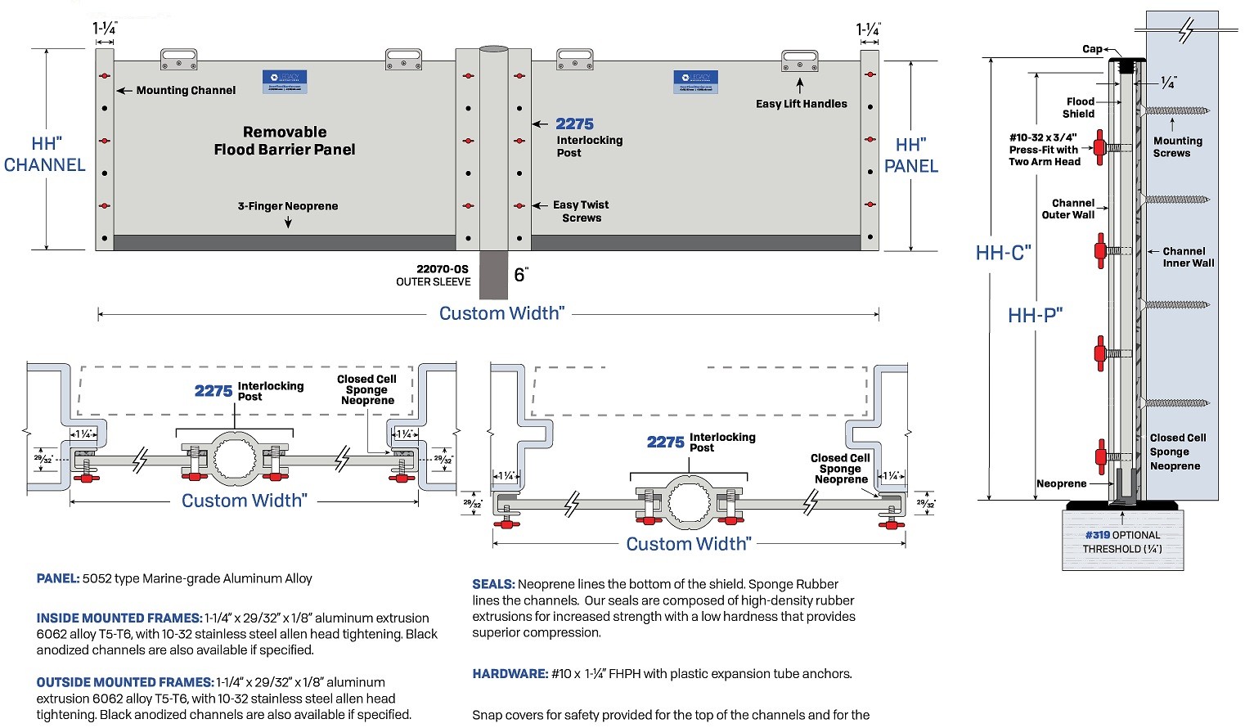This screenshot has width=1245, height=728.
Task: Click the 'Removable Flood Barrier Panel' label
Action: pos(285,141)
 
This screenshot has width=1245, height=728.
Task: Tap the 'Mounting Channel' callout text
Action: pos(186,91)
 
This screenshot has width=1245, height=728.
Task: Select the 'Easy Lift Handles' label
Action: pos(801,104)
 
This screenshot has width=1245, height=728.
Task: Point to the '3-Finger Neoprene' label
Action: pos(288,206)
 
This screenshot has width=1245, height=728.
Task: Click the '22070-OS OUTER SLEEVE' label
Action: pos(434,276)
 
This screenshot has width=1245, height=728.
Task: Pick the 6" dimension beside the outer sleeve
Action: pos(521,275)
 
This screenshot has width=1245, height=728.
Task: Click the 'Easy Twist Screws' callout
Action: pos(581,212)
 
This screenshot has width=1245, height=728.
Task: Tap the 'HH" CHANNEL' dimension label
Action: pos(45,155)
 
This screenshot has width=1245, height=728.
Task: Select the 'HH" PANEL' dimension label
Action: pos(910,155)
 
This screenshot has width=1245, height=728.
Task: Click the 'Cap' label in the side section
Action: pos(1092,49)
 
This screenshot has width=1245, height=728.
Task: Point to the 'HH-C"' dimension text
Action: pos(1003,253)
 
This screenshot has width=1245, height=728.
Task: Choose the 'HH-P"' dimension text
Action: pos(1035,316)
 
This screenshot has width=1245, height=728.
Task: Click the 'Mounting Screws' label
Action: pos(1177,147)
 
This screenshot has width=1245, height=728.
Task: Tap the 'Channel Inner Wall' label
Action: pos(1188,258)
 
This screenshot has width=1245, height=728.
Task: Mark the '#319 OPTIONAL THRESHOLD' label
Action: pos(1122,542)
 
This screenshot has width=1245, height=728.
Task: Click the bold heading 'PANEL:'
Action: pos(58,578)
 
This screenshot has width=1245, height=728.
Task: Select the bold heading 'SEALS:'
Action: pos(493,584)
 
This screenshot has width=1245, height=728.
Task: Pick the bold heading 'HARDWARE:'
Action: pos(510,674)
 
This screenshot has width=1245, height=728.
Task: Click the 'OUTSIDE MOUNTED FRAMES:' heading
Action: pos(125,682)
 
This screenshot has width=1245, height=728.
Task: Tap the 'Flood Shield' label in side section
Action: pos(1079,108)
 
